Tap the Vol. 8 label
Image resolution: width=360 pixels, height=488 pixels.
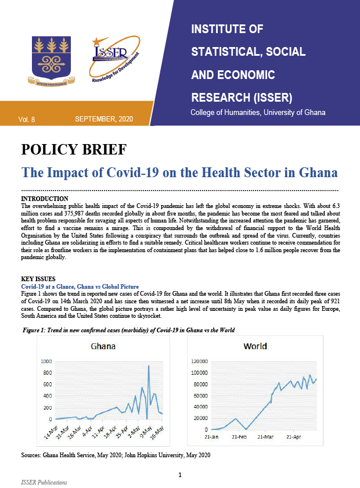click(27, 119)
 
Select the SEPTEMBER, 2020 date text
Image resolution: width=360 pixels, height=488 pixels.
click(104, 119)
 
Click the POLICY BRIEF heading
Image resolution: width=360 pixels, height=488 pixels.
click(74, 150)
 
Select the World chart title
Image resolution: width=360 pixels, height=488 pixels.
click(255, 346)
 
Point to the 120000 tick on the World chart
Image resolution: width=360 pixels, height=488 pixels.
click(198, 361)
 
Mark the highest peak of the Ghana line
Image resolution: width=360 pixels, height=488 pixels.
click(149, 366)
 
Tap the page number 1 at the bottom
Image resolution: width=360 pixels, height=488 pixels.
click(180, 475)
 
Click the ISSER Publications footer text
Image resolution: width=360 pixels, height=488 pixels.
click(44, 482)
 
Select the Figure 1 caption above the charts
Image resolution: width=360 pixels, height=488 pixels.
click(128, 330)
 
